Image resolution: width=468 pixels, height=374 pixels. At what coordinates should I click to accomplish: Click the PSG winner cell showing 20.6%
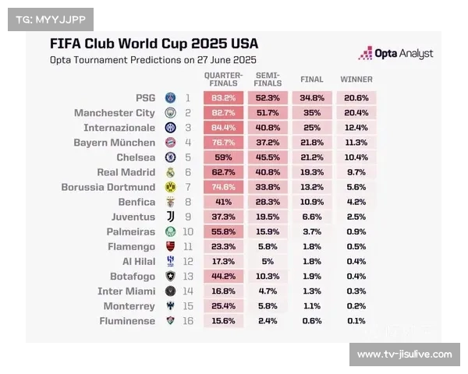pyautogui.click(x=356, y=98)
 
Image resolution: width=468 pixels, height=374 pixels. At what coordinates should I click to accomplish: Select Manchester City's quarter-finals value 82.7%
pyautogui.click(x=224, y=113)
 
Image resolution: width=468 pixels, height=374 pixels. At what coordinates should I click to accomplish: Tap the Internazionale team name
pyautogui.click(x=119, y=128)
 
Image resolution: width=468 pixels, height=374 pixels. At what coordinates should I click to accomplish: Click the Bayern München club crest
pyautogui.click(x=171, y=143)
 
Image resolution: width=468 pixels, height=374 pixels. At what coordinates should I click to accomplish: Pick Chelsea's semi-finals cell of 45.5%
pyautogui.click(x=268, y=157)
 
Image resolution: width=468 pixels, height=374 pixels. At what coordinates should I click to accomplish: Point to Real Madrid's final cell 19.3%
pyautogui.click(x=312, y=172)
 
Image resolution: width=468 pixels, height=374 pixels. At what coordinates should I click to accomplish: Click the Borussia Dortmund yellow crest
pyautogui.click(x=171, y=187)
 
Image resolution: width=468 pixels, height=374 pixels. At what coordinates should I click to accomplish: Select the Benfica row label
pyautogui.click(x=136, y=202)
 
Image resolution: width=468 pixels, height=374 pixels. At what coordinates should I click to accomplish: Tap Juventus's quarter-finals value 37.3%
pyautogui.click(x=224, y=217)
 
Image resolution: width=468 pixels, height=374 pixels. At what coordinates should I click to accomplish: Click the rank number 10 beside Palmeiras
pyautogui.click(x=188, y=231)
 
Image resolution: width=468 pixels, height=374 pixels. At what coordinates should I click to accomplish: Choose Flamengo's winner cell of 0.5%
pyautogui.click(x=356, y=246)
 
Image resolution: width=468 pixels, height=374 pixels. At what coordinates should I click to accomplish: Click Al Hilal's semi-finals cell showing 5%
pyautogui.click(x=268, y=261)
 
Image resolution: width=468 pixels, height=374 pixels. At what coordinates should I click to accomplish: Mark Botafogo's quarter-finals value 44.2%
pyautogui.click(x=224, y=276)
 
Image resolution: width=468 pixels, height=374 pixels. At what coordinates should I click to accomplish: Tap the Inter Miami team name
pyautogui.click(x=126, y=291)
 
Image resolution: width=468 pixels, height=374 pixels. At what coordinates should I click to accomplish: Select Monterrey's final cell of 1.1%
pyautogui.click(x=312, y=306)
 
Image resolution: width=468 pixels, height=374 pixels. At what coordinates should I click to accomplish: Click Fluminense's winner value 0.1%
pyautogui.click(x=356, y=321)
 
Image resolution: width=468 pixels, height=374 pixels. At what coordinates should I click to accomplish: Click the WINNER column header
pyautogui.click(x=356, y=79)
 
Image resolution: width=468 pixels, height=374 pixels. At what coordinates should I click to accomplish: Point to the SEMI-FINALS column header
pyautogui.click(x=268, y=79)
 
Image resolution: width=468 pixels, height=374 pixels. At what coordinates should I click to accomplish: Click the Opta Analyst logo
pyautogui.click(x=395, y=54)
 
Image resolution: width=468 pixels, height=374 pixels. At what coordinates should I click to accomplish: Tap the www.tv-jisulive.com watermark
pyautogui.click(x=404, y=355)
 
